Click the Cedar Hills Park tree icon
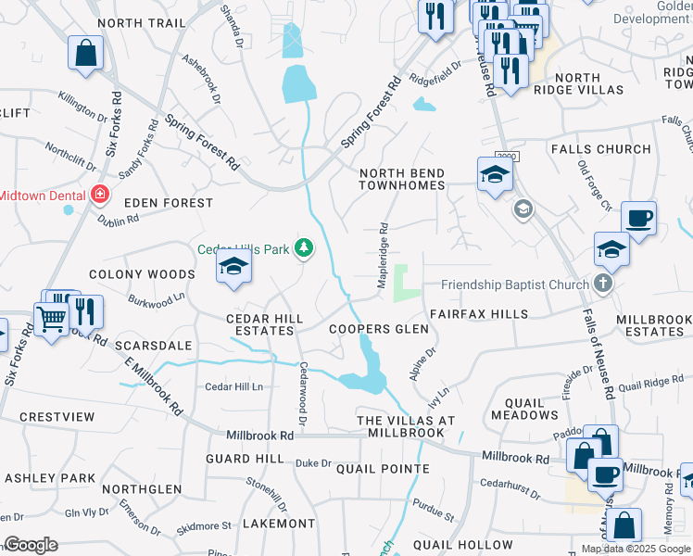(303, 247)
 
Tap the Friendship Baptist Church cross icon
(603, 284)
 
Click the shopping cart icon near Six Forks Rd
(52, 320)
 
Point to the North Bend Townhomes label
(402, 179)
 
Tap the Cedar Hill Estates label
(265, 323)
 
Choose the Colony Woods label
(142, 274)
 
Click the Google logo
(31, 545)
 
